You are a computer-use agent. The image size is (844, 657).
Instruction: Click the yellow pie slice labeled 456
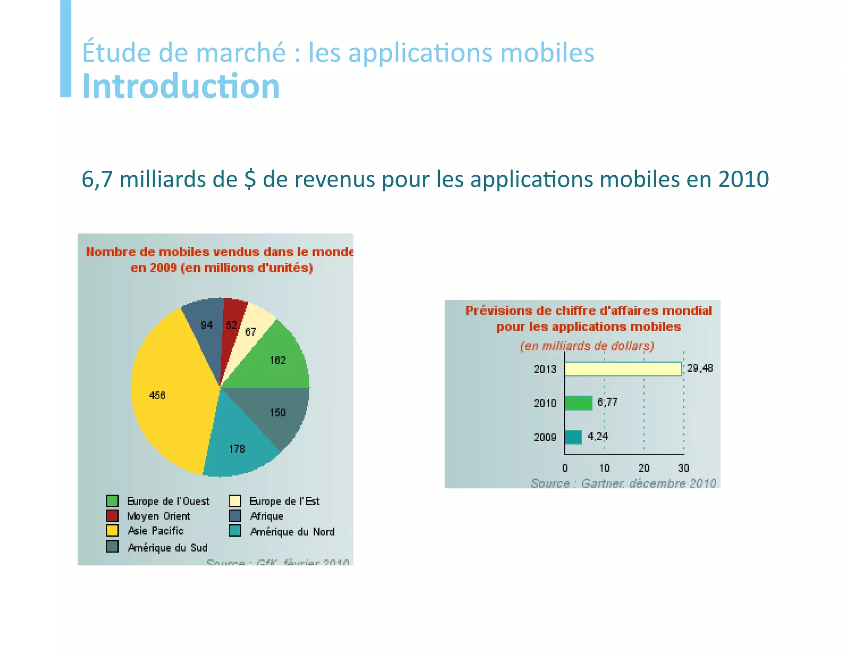(169, 396)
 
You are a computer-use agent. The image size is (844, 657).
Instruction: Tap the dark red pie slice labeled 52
(232, 326)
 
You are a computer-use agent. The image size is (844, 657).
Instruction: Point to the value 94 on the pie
(206, 325)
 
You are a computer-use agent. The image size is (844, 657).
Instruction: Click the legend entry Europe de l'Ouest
(168, 501)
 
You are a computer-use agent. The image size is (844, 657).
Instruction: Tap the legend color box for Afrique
(235, 516)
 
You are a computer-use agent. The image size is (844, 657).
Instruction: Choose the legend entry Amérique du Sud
(167, 548)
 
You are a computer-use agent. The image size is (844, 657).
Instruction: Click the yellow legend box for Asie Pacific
(112, 530)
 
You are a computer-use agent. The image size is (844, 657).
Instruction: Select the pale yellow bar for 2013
(622, 369)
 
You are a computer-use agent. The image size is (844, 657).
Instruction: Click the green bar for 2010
(578, 403)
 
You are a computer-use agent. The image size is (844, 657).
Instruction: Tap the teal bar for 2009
(573, 437)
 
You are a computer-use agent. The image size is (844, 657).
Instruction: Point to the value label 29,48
(700, 368)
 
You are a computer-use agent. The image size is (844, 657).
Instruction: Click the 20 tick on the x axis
(644, 468)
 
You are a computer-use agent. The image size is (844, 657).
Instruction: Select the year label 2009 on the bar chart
(545, 437)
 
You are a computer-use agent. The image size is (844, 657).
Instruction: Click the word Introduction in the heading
(181, 86)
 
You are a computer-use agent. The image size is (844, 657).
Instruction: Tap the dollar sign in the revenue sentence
(250, 179)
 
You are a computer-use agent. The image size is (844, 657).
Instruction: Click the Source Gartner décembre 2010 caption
(623, 483)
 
